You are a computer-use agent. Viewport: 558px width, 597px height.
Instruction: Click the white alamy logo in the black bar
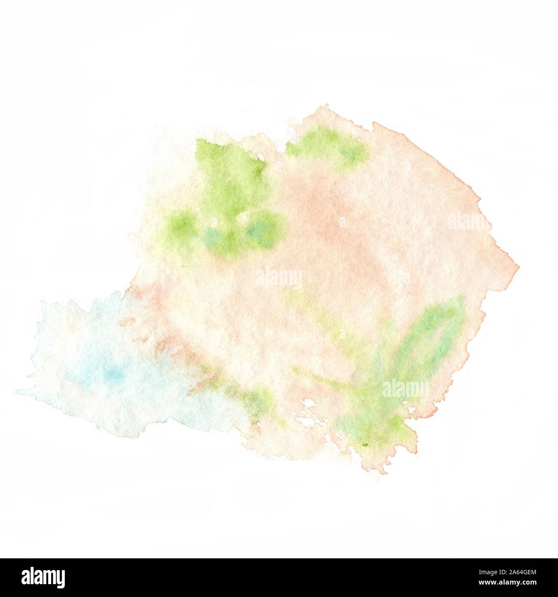coord(43,576)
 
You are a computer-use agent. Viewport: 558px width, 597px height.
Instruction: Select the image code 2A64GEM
coord(513,572)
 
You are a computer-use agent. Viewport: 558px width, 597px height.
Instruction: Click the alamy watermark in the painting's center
coord(279,279)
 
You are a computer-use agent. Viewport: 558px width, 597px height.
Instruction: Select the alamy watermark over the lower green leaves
coord(405,390)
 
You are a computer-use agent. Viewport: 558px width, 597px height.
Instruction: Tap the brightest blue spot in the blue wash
coord(114,375)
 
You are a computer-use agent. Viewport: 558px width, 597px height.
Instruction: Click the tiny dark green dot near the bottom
coord(366,445)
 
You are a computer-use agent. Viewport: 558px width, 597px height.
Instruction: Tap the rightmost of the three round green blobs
coord(263,231)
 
